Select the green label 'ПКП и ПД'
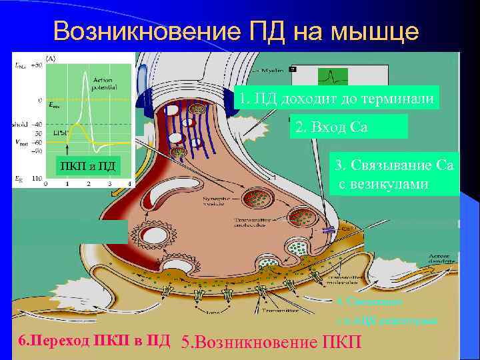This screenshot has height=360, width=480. click(85, 165)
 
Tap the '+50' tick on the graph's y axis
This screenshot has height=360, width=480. click(38, 65)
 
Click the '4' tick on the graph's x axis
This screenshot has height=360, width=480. click(126, 181)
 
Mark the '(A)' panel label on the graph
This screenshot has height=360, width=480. click(50, 57)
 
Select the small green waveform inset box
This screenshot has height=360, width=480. click(333, 77)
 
